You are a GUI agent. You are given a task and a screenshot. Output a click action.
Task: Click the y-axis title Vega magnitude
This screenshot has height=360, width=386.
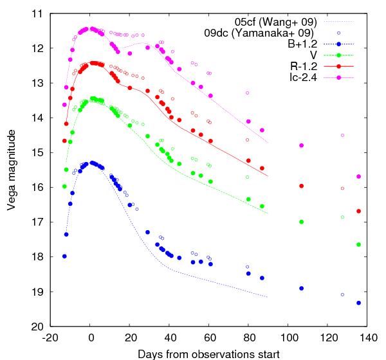tap(11, 170)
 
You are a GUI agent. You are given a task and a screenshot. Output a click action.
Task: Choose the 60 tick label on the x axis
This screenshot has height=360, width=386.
tap(209, 337)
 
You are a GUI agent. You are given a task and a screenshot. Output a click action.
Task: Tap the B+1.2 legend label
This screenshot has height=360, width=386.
tap(303, 44)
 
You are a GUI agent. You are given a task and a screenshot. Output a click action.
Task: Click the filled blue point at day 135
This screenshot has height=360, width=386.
tap(358, 303)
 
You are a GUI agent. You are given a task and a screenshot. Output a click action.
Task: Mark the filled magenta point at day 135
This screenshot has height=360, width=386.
tap(358, 176)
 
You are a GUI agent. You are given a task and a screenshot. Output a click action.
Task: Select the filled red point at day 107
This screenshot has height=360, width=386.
tap(302, 186)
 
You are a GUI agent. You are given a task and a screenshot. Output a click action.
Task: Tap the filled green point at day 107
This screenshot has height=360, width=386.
tap(302, 222)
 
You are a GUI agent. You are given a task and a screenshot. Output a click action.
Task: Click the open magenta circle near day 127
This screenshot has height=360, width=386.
tap(342, 135)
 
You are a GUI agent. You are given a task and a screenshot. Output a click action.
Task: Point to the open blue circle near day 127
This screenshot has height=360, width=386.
tap(342, 294)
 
